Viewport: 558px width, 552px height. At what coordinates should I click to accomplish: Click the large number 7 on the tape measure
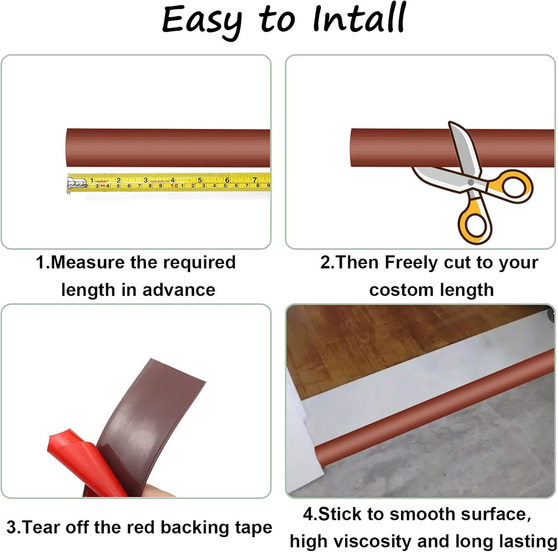coord(254,180)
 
